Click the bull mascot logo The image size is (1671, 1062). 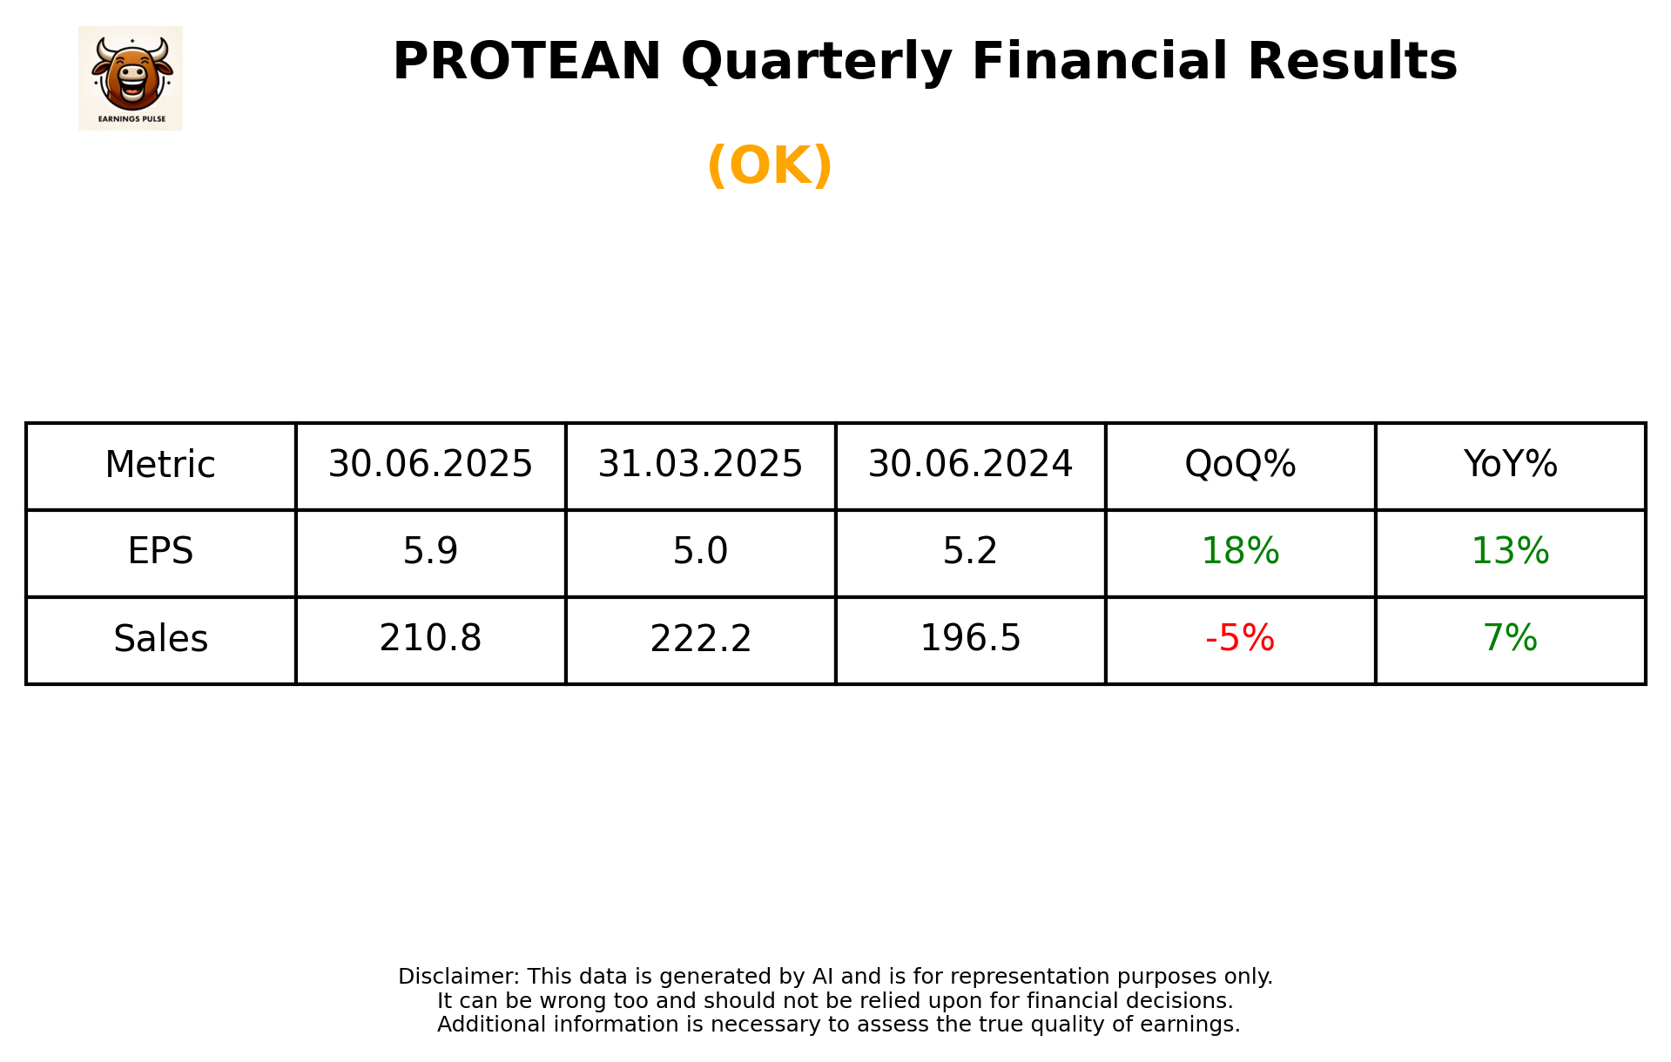tap(131, 77)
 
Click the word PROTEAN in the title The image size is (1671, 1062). tap(527, 62)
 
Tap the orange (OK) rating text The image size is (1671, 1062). tap(770, 165)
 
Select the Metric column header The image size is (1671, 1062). tap(160, 465)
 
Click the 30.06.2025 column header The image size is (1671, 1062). tap(430, 465)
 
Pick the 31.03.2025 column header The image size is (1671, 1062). tap(700, 465)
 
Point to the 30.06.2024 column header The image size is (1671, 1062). tap(970, 465)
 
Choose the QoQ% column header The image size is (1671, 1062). tap(1240, 465)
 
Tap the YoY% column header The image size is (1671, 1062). tap(1510, 465)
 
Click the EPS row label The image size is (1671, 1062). tap(160, 552)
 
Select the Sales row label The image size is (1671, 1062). tap(160, 639)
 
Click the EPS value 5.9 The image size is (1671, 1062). tap(430, 552)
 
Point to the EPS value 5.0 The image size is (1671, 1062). tap(700, 552)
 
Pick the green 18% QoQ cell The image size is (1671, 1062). tap(1240, 552)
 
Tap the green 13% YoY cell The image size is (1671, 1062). tap(1510, 552)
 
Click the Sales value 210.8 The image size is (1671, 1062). tap(430, 639)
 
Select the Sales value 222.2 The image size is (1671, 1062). tap(700, 639)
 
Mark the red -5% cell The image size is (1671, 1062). tap(1240, 639)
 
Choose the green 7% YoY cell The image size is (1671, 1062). tap(1510, 639)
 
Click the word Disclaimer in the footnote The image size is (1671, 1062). tap(457, 977)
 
